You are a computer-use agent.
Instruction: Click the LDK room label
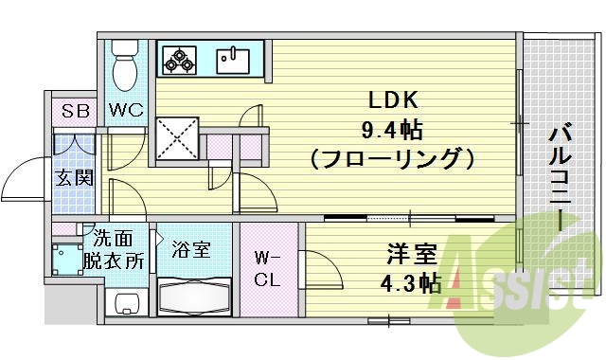point(385,99)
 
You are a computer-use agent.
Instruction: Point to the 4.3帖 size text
point(411,282)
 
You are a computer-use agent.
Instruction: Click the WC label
point(124,111)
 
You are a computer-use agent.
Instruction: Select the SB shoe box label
point(76,111)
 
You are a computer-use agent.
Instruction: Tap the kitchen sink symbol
point(231,60)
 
